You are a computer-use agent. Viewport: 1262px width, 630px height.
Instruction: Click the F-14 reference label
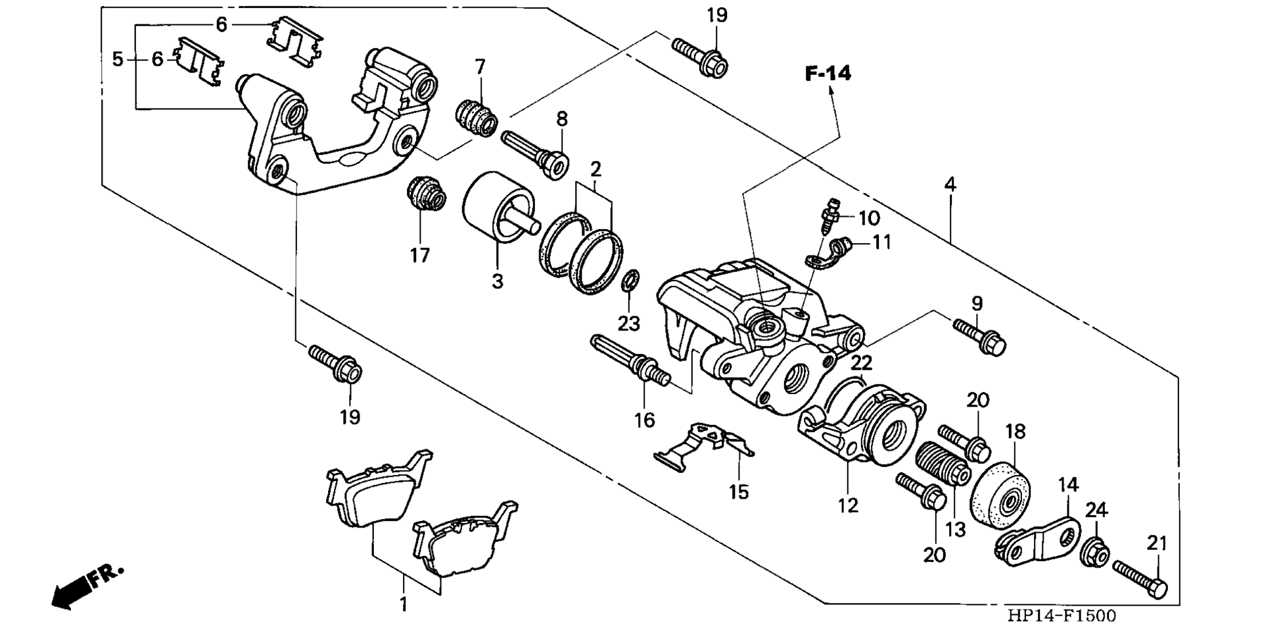(828, 74)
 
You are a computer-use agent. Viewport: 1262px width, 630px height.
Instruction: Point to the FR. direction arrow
(87, 587)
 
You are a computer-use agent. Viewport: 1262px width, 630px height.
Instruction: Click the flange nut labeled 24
(1095, 551)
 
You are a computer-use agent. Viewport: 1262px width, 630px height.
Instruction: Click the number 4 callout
(950, 185)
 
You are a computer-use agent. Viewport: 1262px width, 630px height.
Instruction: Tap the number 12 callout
(849, 506)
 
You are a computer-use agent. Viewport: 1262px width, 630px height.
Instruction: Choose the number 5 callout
(118, 60)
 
